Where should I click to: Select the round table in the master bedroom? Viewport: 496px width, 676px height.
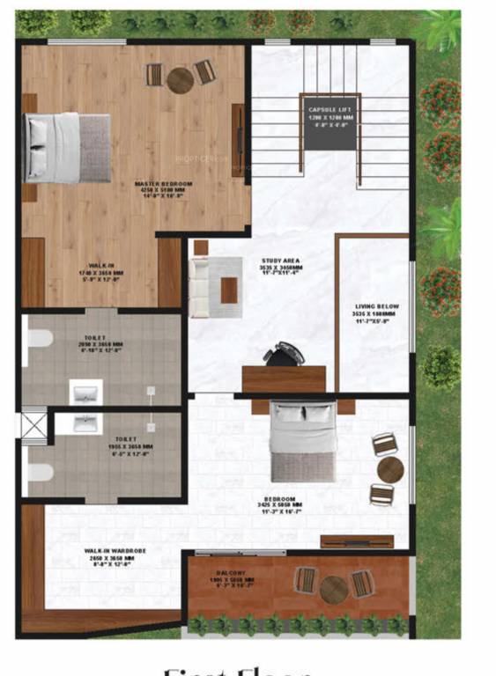[x=180, y=80]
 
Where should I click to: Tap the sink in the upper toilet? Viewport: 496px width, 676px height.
[x=86, y=391]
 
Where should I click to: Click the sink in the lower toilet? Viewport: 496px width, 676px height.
[x=86, y=424]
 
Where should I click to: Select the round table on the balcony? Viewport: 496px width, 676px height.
[x=334, y=588]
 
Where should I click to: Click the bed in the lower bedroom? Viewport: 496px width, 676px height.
[x=302, y=440]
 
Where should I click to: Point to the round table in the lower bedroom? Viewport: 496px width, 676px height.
[x=389, y=469]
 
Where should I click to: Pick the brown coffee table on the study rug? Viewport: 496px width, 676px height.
[x=229, y=289]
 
